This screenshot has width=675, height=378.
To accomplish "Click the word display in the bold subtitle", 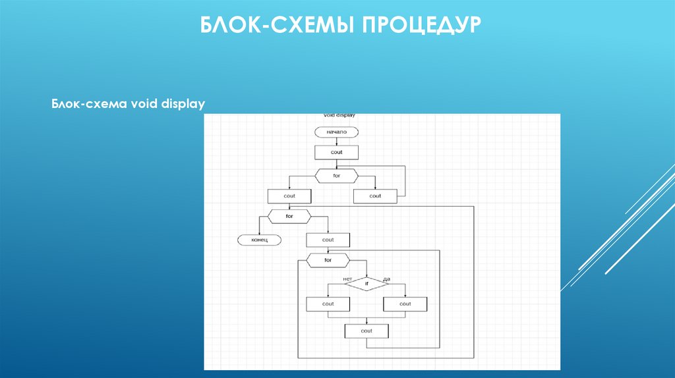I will click(x=183, y=104).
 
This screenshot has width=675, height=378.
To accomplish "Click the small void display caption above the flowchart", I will click(x=339, y=115).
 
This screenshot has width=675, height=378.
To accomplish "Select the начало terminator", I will click(x=336, y=132).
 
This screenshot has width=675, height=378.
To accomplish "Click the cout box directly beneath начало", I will click(x=336, y=152).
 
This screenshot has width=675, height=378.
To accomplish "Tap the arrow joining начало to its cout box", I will click(x=336, y=142).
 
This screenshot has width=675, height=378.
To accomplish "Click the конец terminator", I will click(x=258, y=240).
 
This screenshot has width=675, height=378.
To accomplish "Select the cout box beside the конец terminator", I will click(x=328, y=240).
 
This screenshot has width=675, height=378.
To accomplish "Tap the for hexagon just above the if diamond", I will click(x=328, y=260).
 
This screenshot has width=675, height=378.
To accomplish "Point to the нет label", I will click(x=347, y=279).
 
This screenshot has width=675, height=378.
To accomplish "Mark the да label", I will click(x=386, y=279).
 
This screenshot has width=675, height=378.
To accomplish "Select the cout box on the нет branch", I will click(x=328, y=304).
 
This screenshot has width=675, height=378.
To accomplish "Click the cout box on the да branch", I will click(x=405, y=304).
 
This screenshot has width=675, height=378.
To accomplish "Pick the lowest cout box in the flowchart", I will click(x=367, y=331).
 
